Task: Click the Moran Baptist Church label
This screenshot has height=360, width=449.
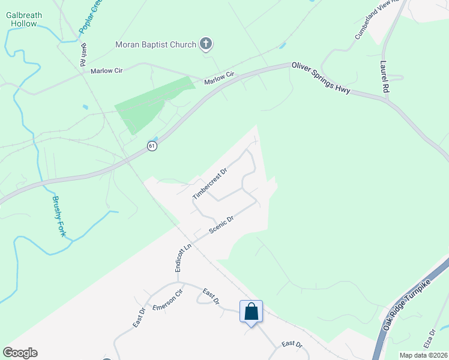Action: coord(155,44)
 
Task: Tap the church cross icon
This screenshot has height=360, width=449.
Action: coord(206,43)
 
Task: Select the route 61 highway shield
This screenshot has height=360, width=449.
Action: coord(152,146)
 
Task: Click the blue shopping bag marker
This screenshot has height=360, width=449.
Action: coord(251,312)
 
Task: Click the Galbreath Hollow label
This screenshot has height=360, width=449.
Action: coord(23,19)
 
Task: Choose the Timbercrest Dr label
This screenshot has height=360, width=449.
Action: coord(210,184)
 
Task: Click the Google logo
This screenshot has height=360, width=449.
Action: coord(20,352)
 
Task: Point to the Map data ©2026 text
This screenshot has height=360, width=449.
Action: coord(423,355)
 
